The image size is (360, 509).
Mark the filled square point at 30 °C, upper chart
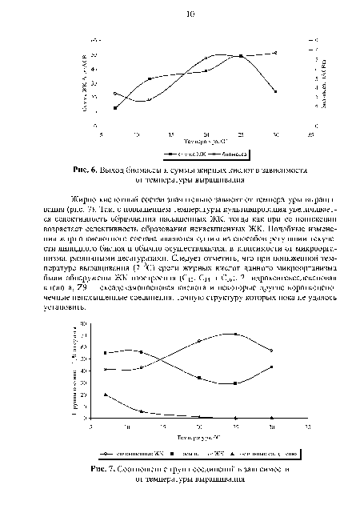point(275,92)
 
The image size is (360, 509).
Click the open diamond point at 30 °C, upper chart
point(275,53)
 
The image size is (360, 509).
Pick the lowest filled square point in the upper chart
point(116,107)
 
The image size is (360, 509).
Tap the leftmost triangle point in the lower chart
point(106,395)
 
